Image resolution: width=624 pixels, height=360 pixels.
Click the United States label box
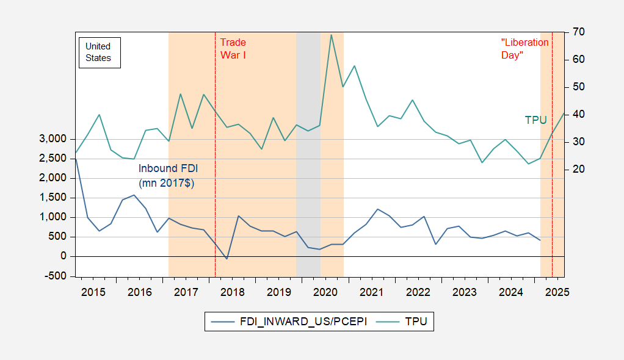coord(98,52)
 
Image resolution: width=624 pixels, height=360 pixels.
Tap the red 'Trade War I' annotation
coord(233,48)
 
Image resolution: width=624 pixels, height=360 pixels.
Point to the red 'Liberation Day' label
coord(524,48)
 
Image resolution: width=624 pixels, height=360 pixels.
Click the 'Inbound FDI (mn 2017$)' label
coord(167,175)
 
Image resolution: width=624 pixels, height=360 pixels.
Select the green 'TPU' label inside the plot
coord(535,120)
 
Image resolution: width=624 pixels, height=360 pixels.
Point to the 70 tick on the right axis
coord(579,32)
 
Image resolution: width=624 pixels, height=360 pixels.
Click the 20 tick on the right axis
coord(579,169)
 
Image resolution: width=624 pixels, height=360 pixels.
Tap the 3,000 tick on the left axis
coord(54,139)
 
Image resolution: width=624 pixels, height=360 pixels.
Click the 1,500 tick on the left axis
coord(54,198)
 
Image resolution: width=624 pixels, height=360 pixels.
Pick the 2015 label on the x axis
coord(93,292)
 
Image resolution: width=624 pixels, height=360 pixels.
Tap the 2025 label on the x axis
coord(557,292)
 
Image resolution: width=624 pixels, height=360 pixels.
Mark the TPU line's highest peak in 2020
coord(331,34)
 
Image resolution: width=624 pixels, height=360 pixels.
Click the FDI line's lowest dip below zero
coord(227,259)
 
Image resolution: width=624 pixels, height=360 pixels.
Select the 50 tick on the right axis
coord(579,87)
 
